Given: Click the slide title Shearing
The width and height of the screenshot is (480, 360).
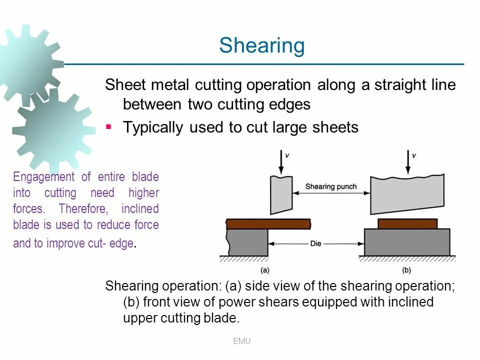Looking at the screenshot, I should pos(261,46).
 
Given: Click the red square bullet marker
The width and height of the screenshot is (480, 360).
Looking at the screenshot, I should pos(108,127).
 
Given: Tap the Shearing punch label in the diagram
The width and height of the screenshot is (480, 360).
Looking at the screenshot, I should pos(330,186).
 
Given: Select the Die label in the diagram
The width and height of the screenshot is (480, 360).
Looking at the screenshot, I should pos(315,243).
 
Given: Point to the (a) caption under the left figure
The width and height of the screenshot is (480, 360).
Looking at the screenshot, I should pos(265,270).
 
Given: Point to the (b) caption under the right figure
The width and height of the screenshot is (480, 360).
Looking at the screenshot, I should pos(406,270).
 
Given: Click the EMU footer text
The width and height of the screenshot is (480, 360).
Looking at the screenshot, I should pos(241,341).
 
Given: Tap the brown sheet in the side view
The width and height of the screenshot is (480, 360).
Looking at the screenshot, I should pos(268,223).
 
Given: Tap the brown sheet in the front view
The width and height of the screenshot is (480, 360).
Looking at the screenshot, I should pos(407,223).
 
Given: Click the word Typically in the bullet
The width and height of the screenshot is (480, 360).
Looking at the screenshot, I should pos(153,127).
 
